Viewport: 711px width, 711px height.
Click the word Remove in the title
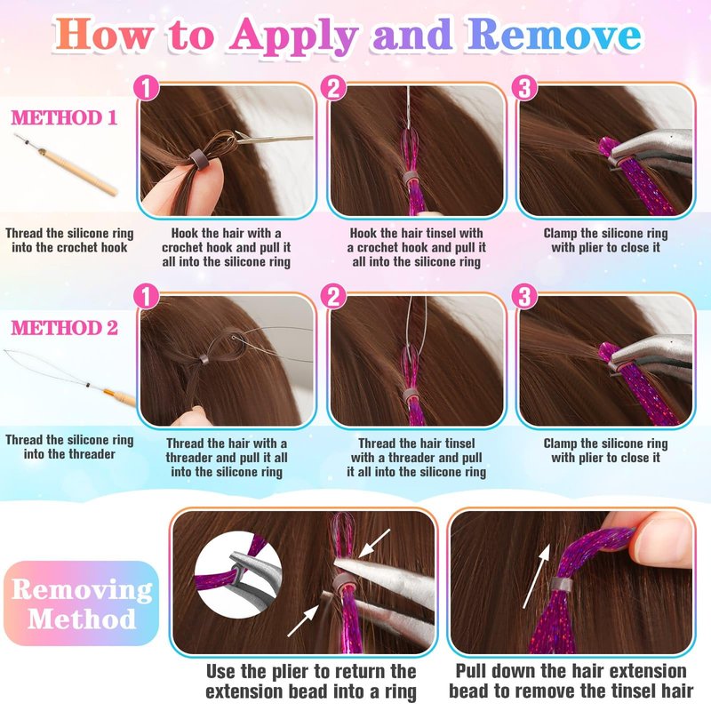[x=554, y=35]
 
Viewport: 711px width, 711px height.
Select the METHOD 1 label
[x=64, y=118]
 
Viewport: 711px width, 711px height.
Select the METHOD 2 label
[x=64, y=328]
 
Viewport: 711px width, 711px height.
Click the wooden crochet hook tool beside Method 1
[x=66, y=165]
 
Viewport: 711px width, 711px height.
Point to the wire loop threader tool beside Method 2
[x=69, y=377]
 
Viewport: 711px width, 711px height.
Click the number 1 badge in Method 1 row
[x=147, y=87]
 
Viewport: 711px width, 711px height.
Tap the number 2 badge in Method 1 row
[x=334, y=87]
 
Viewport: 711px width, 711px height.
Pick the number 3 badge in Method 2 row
[x=524, y=297]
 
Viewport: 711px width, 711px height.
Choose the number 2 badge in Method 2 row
[x=334, y=297]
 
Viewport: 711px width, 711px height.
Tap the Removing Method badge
[x=82, y=603]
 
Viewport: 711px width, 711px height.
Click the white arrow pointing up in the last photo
[x=537, y=576]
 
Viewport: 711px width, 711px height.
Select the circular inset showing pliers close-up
[x=238, y=575]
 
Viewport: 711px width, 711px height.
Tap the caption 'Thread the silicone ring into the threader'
[x=69, y=447]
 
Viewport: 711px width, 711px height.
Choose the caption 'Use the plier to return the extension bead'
[x=311, y=682]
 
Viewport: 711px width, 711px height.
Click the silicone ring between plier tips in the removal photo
[x=346, y=582]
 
